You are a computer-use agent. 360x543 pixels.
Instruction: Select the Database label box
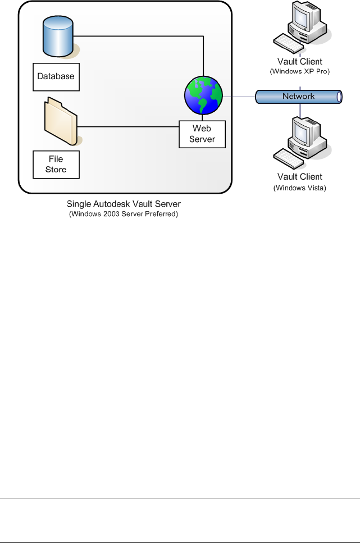point(56,76)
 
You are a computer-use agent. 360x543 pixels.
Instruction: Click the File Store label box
point(56,163)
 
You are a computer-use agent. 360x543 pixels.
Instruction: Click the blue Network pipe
point(299,97)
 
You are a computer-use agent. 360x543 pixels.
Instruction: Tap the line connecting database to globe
point(140,37)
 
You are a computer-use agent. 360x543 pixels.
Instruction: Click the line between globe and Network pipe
point(239,96)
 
